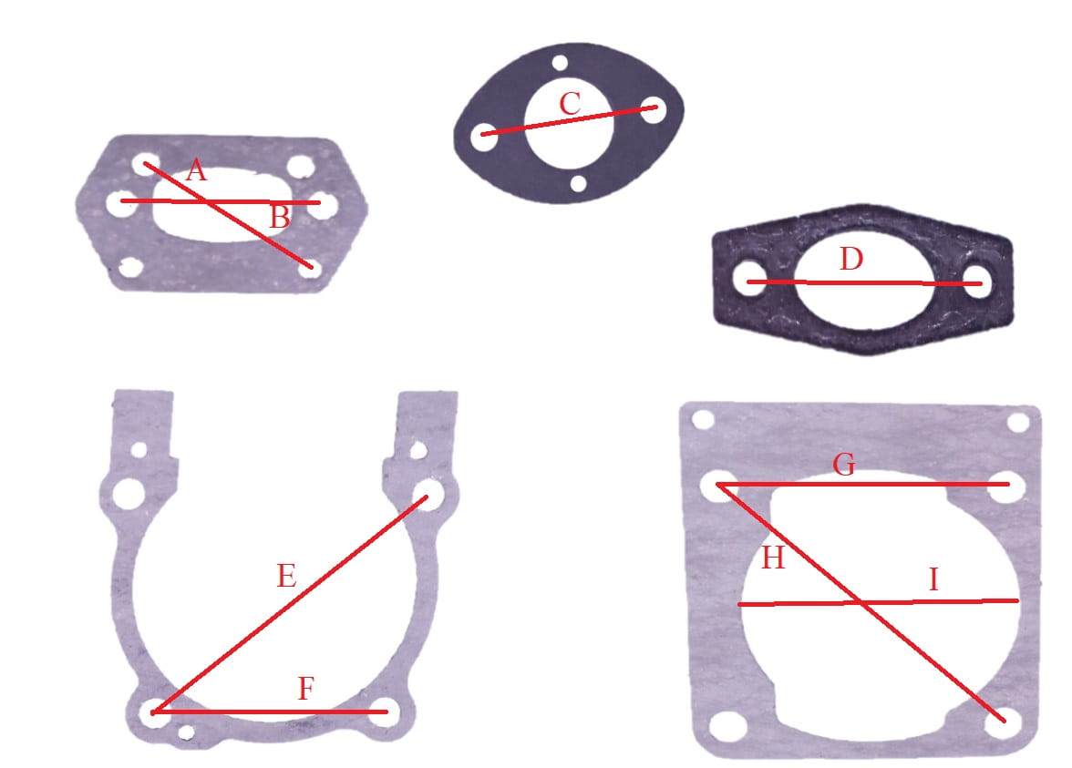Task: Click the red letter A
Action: (x=196, y=170)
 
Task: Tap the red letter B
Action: (x=280, y=218)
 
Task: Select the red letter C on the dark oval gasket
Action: (x=571, y=104)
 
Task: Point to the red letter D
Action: (x=851, y=260)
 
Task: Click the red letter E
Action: (x=286, y=576)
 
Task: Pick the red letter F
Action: (x=306, y=688)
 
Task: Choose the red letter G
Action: (x=844, y=465)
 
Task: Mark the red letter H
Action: (x=773, y=558)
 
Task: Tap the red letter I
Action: (x=933, y=580)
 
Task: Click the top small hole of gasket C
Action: (x=560, y=64)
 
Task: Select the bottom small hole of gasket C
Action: (x=578, y=183)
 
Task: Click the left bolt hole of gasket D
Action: (x=749, y=281)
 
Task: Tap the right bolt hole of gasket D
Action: (x=977, y=282)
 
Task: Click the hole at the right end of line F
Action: (x=385, y=712)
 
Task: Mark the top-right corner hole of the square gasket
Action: (x=1018, y=423)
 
